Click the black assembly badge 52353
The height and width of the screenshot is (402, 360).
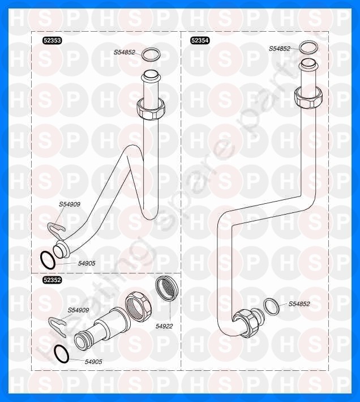[52, 40]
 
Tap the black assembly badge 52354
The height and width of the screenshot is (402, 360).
[200, 40]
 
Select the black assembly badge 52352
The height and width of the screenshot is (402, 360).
[52, 280]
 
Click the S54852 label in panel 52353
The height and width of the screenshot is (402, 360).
[125, 52]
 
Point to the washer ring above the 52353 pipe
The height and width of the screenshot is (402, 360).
[151, 55]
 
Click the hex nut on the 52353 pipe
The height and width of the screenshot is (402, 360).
[149, 109]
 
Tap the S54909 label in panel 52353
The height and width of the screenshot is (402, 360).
[70, 204]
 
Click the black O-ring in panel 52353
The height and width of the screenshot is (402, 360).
[48, 260]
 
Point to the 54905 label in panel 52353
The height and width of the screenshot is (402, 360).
[87, 263]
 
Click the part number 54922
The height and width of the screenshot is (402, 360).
[164, 326]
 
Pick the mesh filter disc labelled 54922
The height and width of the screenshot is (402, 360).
[166, 288]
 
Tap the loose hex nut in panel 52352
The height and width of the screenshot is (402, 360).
[138, 306]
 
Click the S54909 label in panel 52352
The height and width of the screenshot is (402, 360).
[78, 310]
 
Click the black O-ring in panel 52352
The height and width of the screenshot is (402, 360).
[62, 354]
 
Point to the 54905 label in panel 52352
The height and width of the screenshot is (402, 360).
[93, 361]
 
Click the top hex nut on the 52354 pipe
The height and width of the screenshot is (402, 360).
[308, 98]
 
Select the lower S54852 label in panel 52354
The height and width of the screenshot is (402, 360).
[299, 304]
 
